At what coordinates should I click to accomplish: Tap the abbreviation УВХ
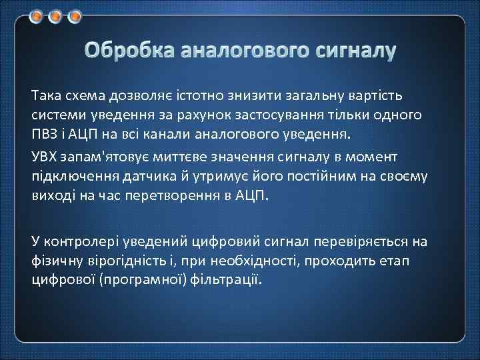point(45,157)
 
